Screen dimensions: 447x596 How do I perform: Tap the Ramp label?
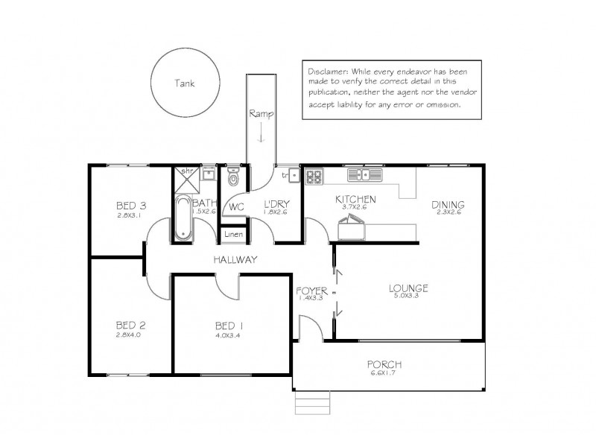(x=260, y=114)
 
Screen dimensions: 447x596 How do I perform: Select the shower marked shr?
(x=184, y=174)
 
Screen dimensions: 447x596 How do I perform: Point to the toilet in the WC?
(x=233, y=177)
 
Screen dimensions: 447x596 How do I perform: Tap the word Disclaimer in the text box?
(x=326, y=70)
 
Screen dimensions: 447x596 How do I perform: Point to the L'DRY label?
(x=277, y=205)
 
